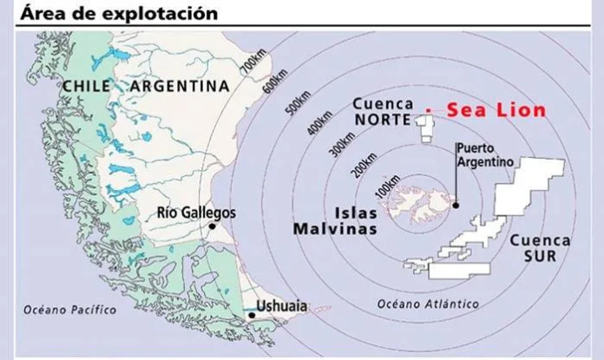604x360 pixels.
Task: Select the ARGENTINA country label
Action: pyautogui.click(x=180, y=86)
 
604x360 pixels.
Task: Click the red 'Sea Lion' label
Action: pyautogui.click(x=496, y=110)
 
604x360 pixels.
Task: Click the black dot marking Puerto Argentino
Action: pyautogui.click(x=456, y=206)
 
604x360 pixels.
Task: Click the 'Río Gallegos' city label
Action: pyautogui.click(x=197, y=212)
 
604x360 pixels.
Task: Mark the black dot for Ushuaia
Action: pyautogui.click(x=251, y=316)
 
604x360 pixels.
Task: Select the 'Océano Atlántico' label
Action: pyautogui.click(x=429, y=303)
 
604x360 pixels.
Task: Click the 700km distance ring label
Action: pyautogui.click(x=253, y=62)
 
